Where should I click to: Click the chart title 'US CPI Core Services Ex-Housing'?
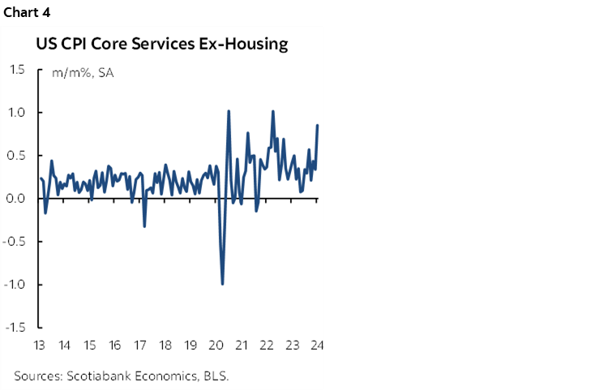tap(162, 44)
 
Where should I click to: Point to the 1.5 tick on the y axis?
tap(16, 70)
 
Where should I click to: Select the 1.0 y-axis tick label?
tap(16, 113)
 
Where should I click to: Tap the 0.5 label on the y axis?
tap(16, 156)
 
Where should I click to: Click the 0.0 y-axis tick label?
tap(16, 199)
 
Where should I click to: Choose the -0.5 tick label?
tap(15, 242)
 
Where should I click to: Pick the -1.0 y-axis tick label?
tap(15, 285)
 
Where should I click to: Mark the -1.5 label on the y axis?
tap(15, 328)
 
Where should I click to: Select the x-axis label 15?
tap(90, 344)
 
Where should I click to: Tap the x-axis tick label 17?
tap(140, 344)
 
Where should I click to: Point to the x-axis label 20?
tap(216, 344)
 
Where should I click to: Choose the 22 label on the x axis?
tap(267, 344)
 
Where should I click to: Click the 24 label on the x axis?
tap(317, 344)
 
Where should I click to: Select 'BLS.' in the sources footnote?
tap(214, 376)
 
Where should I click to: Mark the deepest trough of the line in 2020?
tap(222, 284)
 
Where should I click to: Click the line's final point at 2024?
tap(318, 125)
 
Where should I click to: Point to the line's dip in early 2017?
tap(144, 226)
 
